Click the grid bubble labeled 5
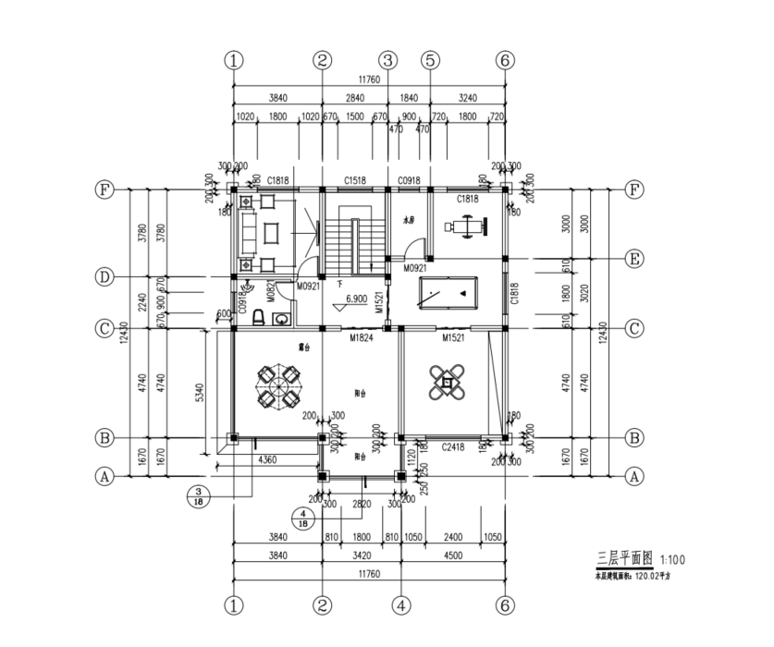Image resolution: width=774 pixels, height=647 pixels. pos(430,60)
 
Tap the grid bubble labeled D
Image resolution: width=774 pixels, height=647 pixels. pos(105,276)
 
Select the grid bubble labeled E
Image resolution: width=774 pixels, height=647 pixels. pos(634,258)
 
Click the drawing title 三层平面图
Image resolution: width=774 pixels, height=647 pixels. pos(625,559)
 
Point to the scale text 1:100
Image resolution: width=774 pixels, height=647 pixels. pos(672,560)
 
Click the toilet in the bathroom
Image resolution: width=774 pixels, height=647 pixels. pos(260,317)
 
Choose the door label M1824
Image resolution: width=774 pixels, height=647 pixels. pos(361,339)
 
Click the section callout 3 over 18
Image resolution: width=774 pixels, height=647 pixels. pos(200,495)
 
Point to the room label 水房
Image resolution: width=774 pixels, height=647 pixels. pos(410,222)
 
